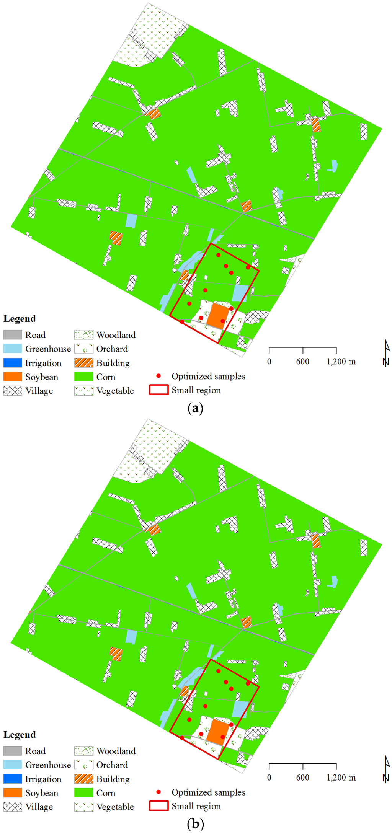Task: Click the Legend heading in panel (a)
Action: [20, 319]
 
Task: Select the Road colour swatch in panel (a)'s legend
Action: [13, 335]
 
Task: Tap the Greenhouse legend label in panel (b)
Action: [48, 765]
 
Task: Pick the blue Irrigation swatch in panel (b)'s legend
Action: [13, 779]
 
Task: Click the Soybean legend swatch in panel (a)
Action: [13, 377]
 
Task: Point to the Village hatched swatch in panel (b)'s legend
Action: [13, 807]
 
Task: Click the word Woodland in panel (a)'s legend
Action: [116, 335]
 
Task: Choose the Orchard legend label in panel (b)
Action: [112, 765]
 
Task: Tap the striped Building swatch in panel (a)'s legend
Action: [84, 363]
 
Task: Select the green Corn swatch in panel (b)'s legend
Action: [84, 792]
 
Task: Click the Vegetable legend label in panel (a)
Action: [115, 391]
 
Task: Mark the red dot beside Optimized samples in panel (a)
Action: [158, 376]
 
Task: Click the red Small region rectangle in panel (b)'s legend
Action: [158, 806]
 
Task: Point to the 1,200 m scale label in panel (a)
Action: [341, 362]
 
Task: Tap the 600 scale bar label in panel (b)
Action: [303, 778]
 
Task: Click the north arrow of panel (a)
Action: [387, 352]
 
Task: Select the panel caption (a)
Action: [196, 408]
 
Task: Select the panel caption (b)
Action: [196, 824]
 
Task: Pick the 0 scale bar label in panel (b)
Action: [269, 778]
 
